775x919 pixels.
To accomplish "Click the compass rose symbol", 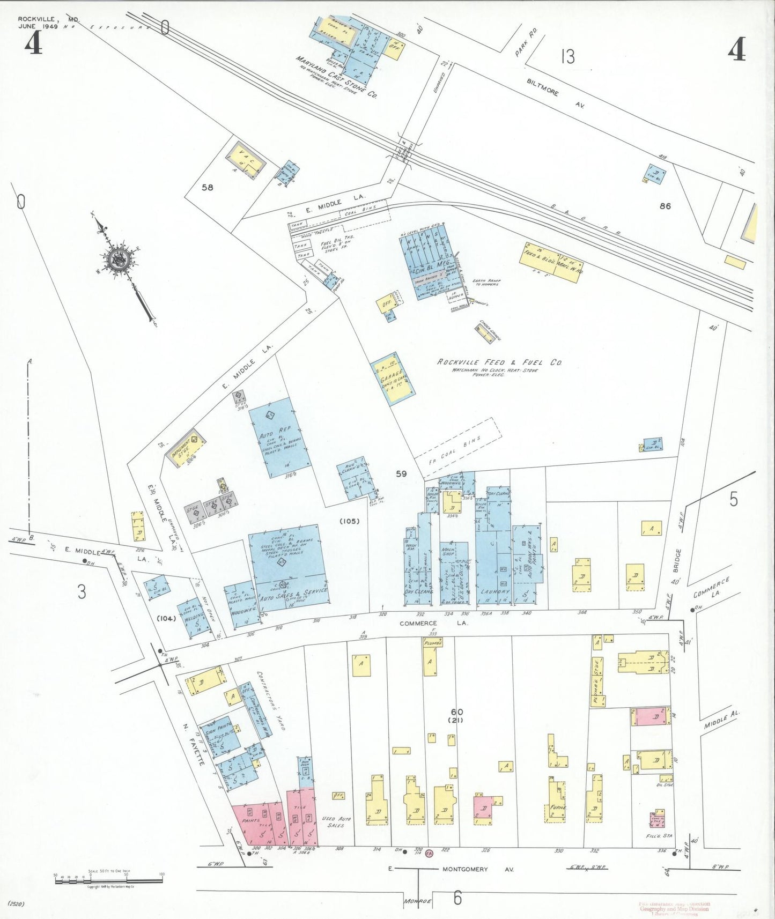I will point(117,260).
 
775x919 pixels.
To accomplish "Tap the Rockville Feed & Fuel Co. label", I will point(499,362).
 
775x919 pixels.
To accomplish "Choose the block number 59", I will point(401,473).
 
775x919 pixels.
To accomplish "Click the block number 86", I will point(665,206).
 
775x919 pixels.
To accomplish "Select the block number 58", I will point(207,187).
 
